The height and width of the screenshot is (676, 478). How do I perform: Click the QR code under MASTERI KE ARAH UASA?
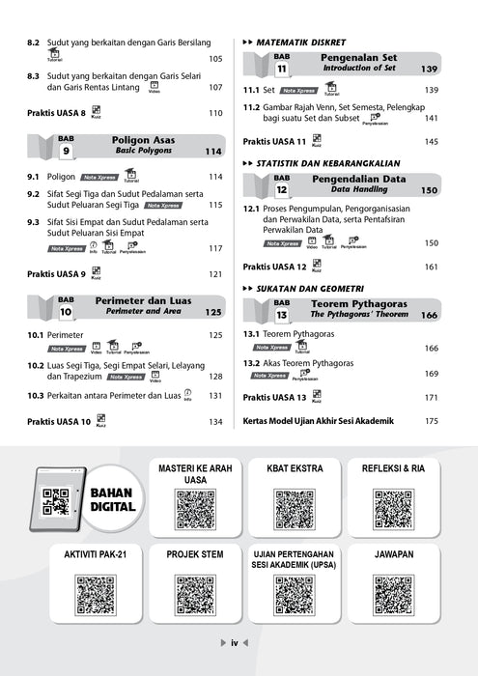195,509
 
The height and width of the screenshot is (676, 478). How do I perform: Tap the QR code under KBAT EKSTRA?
295,509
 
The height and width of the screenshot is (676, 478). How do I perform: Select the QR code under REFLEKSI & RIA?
394,509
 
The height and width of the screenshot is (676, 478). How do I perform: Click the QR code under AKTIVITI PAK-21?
96,595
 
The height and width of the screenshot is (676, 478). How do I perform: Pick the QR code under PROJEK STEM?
195,595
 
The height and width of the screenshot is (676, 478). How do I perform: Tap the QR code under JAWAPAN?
394,595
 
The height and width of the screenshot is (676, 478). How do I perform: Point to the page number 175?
432,421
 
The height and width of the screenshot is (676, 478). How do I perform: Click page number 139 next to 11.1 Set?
432,90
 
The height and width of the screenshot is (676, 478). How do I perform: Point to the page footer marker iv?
235,644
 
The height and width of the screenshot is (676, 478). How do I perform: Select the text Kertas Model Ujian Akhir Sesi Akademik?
325,421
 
